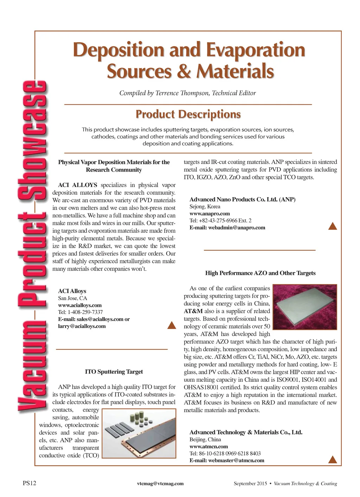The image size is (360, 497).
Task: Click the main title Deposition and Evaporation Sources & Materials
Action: pos(189,60)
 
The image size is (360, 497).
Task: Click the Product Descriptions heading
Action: pos(188,114)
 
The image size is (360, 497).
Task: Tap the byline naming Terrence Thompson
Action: pos(187,93)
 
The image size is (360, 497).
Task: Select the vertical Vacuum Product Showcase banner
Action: pos(32,246)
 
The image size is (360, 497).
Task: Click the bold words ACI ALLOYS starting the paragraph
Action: pos(77,185)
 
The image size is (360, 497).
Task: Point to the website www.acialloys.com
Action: pos(80,305)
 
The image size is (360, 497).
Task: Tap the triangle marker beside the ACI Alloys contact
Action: pos(172,325)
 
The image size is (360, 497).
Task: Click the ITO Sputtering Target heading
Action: pos(114,372)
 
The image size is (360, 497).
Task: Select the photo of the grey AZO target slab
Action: pos(305,307)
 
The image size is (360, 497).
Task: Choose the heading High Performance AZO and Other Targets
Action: pos(260,273)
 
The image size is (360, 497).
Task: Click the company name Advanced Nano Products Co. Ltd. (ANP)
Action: pos(242,199)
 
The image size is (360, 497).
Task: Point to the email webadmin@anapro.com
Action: pos(237,227)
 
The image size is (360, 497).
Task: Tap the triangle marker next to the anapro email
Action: pos(332,226)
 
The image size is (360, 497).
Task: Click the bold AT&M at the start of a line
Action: pos(193,311)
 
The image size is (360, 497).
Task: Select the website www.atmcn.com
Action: pos(208,446)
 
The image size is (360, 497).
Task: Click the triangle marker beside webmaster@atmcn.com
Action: pos(332,459)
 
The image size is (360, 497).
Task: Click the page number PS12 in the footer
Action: pos(30,483)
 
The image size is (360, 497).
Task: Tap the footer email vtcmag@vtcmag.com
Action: pos(160,483)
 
